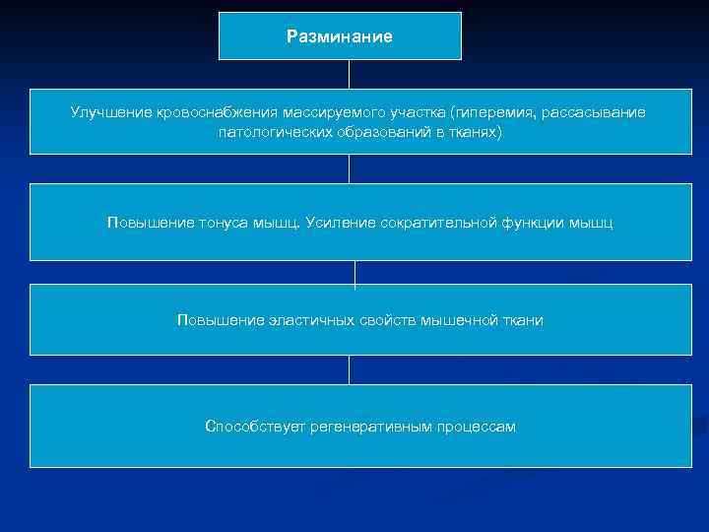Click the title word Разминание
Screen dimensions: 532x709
pyautogui.click(x=340, y=36)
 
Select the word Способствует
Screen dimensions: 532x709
pyautogui.click(x=253, y=427)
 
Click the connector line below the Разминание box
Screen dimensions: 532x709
pyautogui.click(x=349, y=74)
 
